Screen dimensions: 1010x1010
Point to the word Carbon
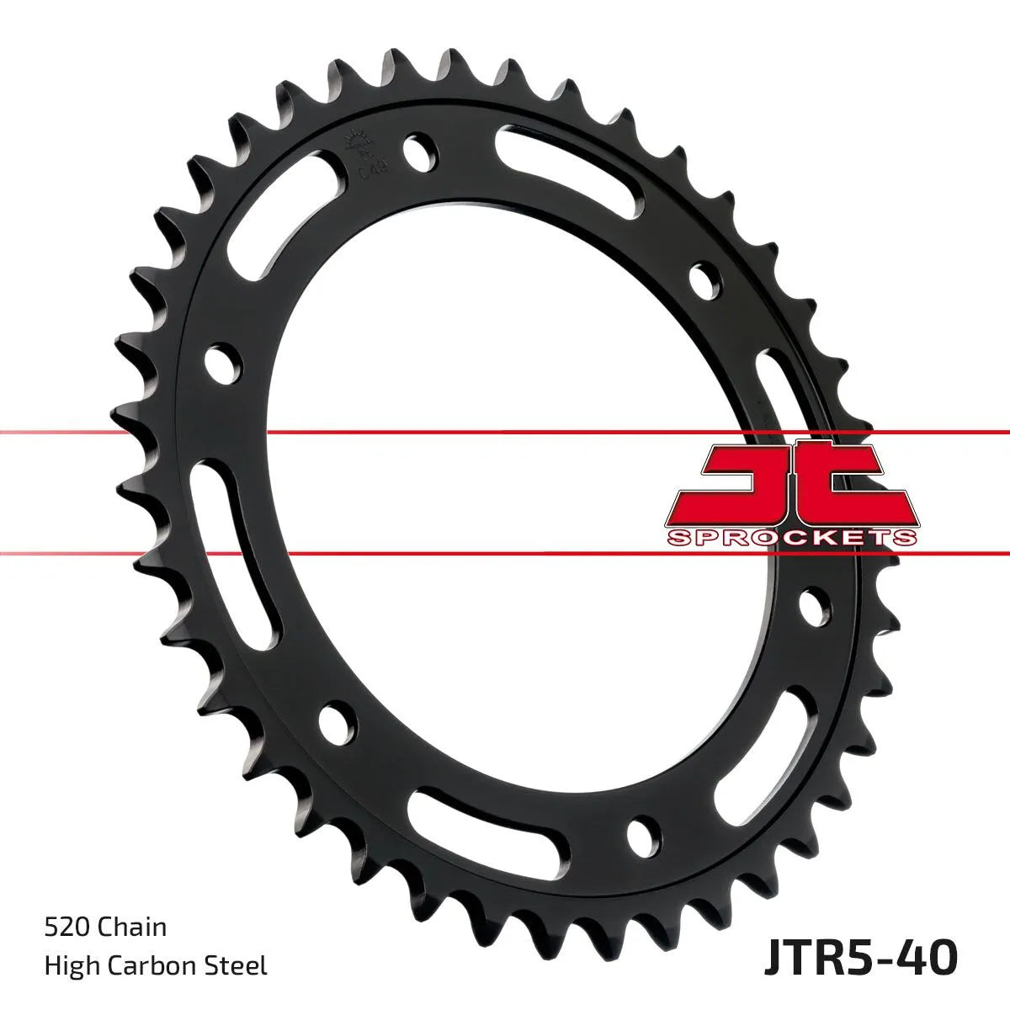pos(155,965)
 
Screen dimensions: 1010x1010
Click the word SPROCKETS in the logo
pos(792,537)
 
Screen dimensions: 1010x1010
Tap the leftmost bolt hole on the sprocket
pos(221,359)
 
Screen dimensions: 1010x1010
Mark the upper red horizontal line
pos(505,433)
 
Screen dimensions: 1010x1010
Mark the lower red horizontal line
pos(505,555)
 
